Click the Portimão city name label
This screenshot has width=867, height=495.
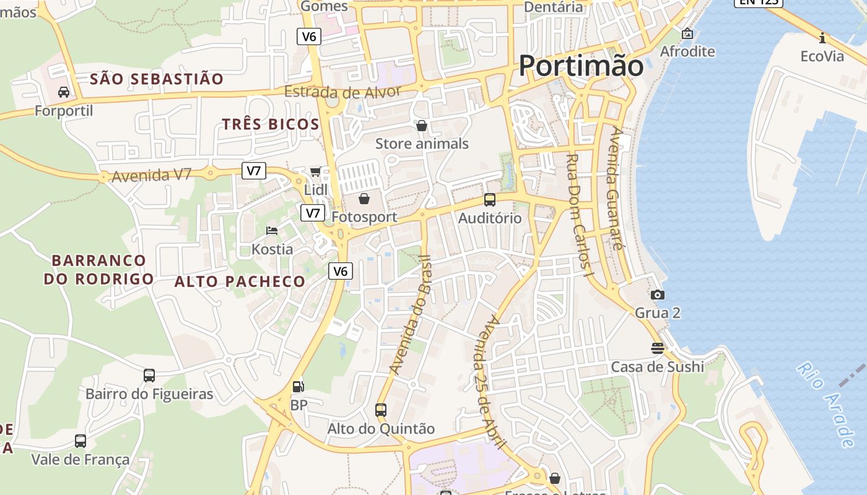581,66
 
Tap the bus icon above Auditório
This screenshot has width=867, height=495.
490,200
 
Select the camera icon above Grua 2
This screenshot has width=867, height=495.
658,295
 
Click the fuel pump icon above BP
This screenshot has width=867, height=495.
298,387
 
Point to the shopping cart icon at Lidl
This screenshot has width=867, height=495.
316,171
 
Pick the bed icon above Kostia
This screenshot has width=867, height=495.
272,231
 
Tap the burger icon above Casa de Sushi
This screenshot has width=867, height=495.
658,348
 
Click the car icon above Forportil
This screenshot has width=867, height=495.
63,92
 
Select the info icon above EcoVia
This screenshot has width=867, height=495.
822,38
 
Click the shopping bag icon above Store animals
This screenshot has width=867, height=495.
422,126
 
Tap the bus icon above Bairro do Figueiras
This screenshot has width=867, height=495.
149,375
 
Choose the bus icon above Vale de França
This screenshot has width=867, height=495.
81,441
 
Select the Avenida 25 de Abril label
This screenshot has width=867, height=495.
492,382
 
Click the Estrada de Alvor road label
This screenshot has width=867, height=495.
342,92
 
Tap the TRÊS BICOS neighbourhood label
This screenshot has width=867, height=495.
271,124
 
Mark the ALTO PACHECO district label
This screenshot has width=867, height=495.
240,282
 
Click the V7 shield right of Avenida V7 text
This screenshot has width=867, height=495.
254,171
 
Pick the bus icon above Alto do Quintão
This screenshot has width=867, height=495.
381,410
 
